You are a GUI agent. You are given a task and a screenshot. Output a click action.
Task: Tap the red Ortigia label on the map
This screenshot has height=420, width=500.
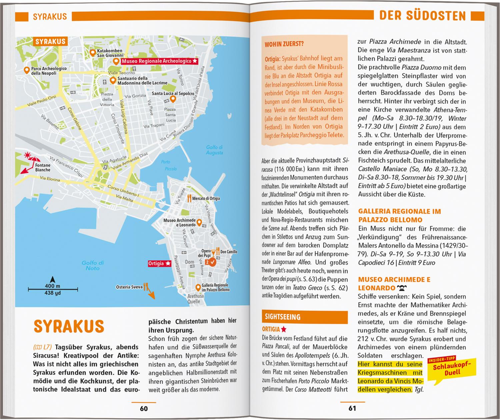pyautogui.click(x=159, y=263)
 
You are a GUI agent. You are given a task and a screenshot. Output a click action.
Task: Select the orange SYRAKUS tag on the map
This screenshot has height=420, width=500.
pyautogui.click(x=50, y=42)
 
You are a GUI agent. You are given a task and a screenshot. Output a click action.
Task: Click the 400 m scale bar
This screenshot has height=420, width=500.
pyautogui.click(x=53, y=289)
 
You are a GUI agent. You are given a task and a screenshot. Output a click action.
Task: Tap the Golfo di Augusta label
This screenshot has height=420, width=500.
pyautogui.click(x=214, y=150)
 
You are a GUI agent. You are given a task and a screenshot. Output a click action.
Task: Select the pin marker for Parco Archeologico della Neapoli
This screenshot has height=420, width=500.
pyautogui.click(x=27, y=70)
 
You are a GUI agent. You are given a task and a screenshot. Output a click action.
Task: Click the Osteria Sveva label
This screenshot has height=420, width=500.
pyautogui.click(x=129, y=287)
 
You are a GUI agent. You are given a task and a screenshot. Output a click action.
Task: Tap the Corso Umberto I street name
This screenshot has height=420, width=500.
pyautogui.click(x=123, y=191)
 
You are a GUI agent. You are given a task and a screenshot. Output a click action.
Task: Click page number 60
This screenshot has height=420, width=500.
pyautogui.click(x=144, y=408)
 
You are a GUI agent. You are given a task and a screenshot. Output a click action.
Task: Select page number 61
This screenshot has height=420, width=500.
pyautogui.click(x=352, y=408)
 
